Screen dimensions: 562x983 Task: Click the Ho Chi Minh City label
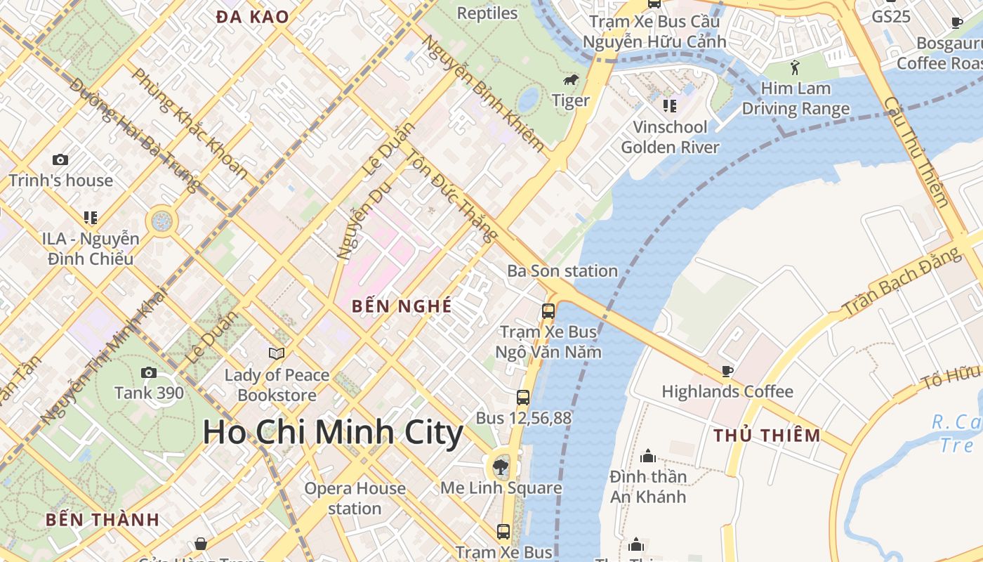coord(333,432)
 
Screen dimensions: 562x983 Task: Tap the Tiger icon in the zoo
coord(571,80)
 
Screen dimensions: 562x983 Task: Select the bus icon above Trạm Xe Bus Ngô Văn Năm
coord(548,311)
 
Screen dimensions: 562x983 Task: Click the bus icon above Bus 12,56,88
coord(523,397)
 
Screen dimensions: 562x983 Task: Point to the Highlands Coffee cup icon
coord(727,371)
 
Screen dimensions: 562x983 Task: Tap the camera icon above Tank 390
coord(149,372)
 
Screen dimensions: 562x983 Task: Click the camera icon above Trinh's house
coord(60,160)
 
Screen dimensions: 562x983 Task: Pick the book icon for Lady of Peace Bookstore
coord(277,353)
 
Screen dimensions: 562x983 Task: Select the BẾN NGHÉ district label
coord(402,306)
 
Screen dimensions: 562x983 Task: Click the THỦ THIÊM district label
coord(767,436)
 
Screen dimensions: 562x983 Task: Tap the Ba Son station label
coord(562,270)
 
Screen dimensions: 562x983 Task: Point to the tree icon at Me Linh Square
coord(501,466)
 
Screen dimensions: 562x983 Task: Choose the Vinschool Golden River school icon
coord(669,106)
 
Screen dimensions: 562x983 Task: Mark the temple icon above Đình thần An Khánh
coord(647,456)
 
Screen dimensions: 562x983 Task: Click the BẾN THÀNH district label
coord(103,521)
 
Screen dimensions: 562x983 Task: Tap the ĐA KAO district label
coord(253,18)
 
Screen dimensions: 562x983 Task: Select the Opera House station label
coord(355,498)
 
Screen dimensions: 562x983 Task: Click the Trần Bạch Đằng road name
coord(902,282)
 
